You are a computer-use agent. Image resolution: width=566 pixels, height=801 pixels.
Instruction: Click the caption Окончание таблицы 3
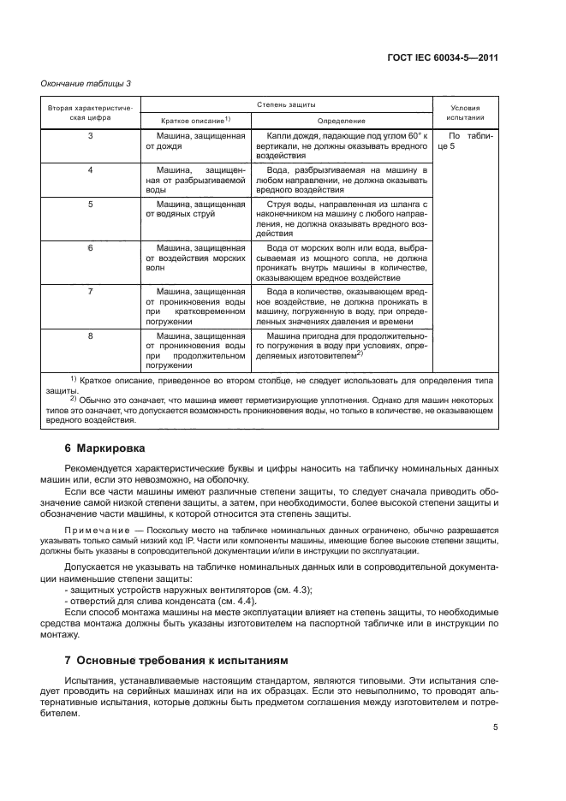pyautogui.click(x=86, y=83)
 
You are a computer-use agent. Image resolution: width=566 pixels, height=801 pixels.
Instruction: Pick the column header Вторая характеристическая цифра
pyautogui.click(x=90, y=112)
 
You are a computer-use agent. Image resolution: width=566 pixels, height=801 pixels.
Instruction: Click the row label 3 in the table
pyautogui.click(x=90, y=136)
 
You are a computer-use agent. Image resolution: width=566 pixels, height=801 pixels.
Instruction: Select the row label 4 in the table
pyautogui.click(x=90, y=170)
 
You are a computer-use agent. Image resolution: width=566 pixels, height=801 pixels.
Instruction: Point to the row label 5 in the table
pyautogui.click(x=90, y=205)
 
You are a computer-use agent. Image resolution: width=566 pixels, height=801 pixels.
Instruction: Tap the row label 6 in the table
pyautogui.click(x=90, y=247)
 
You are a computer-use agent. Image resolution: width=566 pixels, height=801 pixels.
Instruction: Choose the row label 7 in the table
pyautogui.click(x=90, y=292)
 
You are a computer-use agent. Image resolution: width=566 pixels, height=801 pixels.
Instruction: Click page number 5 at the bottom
pyautogui.click(x=496, y=727)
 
